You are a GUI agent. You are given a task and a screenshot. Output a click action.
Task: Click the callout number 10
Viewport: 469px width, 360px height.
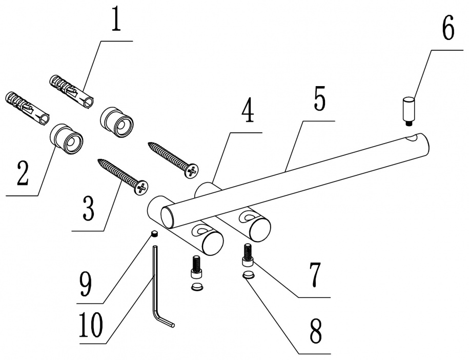point(91,325)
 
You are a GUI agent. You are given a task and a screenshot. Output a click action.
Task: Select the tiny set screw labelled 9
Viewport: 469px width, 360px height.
point(154,234)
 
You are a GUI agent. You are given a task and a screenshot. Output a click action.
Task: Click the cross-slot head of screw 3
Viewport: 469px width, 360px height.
point(141,188)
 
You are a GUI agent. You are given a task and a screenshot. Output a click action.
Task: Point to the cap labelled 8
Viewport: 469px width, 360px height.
point(248,274)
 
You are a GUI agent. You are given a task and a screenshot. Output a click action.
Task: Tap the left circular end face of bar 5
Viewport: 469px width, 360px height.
point(167,217)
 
